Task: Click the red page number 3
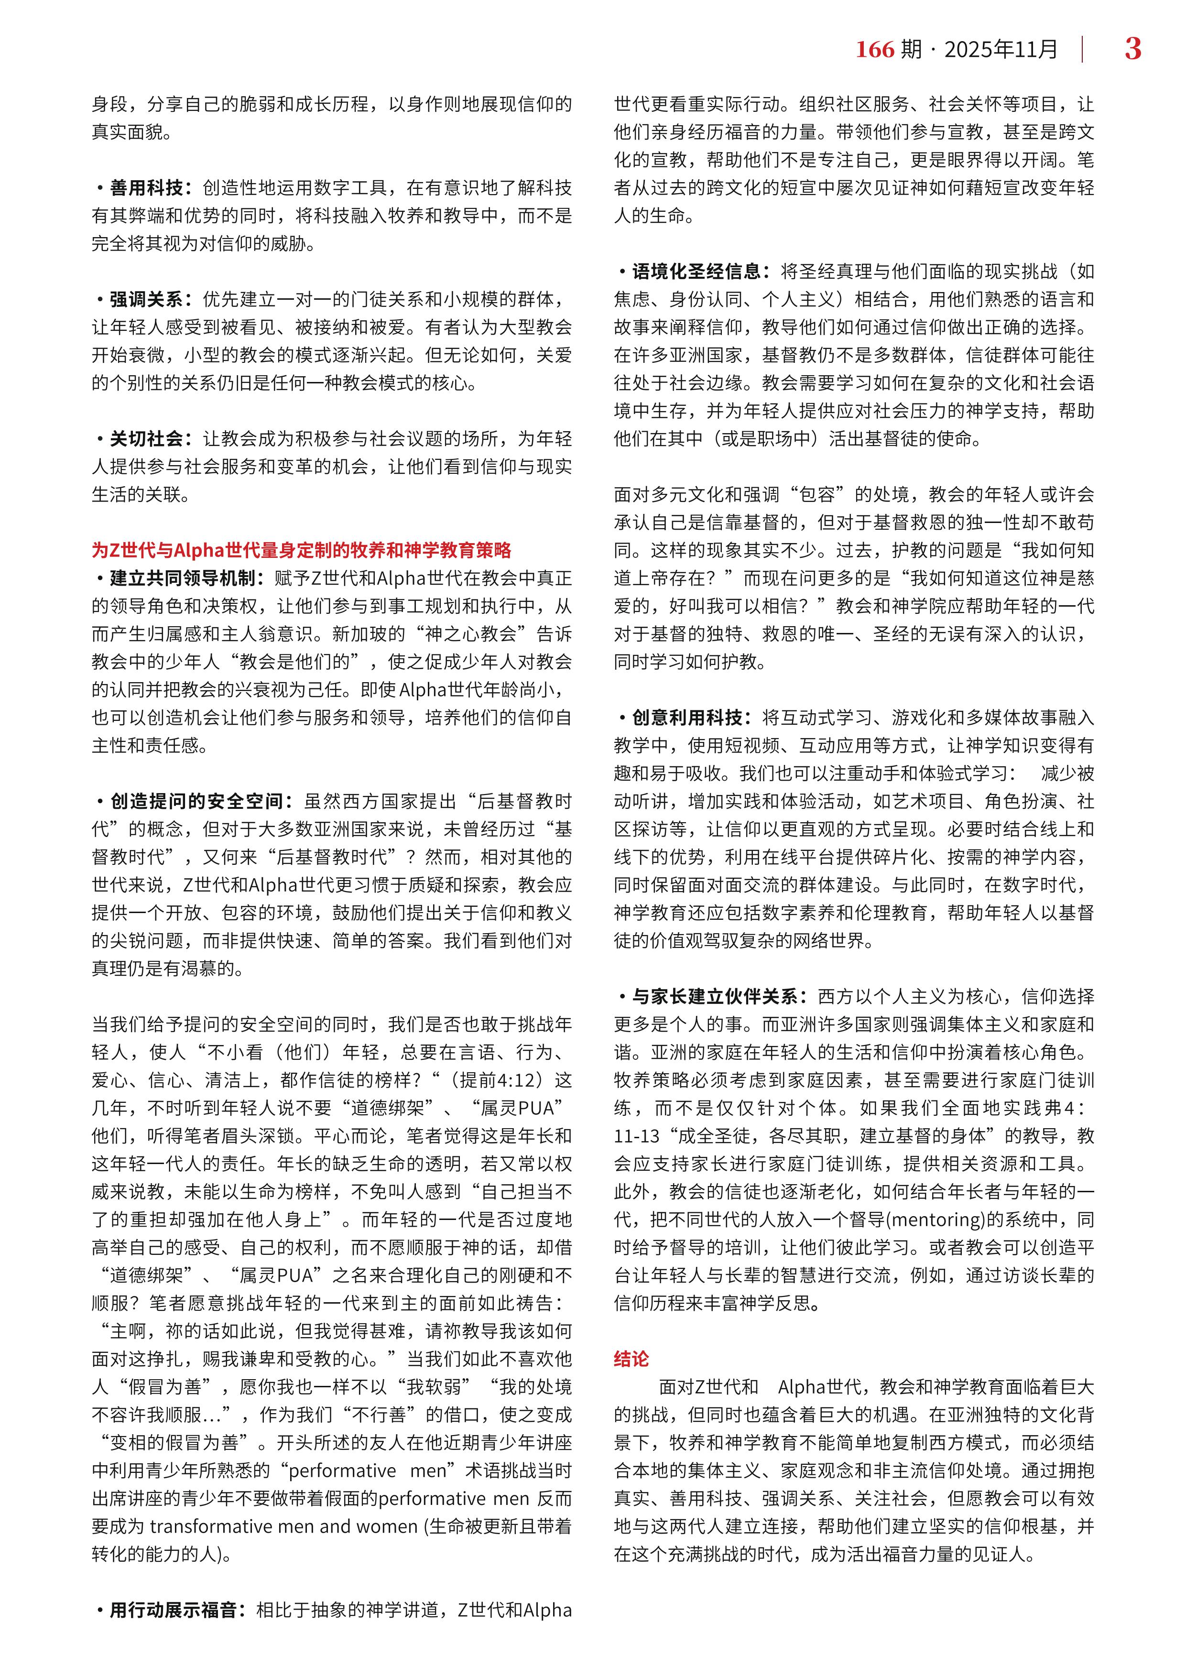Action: (x=1132, y=49)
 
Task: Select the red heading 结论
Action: (x=631, y=1359)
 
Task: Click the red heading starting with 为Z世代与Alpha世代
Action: (x=301, y=550)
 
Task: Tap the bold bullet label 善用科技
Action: (x=146, y=188)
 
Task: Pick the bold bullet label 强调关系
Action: (x=146, y=299)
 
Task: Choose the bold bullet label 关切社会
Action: (x=146, y=438)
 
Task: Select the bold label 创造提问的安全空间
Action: (x=196, y=801)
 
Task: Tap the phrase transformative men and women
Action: (x=283, y=1526)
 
